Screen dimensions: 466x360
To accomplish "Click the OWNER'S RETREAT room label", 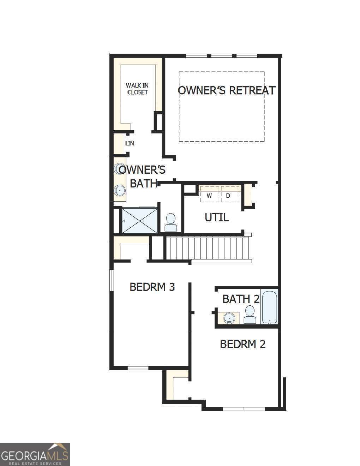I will click(226, 90).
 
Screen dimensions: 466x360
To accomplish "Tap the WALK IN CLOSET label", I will click(137, 89).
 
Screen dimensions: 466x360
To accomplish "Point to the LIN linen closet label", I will click(130, 143).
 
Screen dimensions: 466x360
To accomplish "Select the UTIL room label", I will click(217, 217).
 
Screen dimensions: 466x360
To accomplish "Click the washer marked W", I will click(209, 195).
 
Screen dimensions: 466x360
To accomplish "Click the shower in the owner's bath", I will click(140, 221).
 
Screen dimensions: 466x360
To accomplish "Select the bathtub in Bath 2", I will click(269, 306).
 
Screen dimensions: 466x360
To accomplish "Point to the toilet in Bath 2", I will click(250, 315).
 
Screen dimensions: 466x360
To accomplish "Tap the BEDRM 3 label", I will click(152, 287).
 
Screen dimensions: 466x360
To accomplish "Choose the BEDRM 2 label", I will click(242, 344).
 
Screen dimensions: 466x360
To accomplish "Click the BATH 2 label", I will click(241, 299).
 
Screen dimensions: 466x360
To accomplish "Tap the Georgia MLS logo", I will click(35, 454).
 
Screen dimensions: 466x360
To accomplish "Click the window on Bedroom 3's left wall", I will click(111, 281).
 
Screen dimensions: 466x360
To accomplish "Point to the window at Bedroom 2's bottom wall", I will click(244, 409).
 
